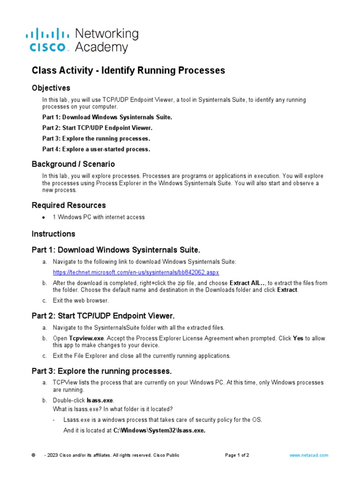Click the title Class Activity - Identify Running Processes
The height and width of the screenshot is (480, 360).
(x=128, y=70)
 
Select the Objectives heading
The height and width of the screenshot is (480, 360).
(x=51, y=88)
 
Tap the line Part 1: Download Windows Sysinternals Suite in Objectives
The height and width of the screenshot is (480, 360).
(x=107, y=117)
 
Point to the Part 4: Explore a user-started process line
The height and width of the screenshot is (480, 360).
(x=96, y=149)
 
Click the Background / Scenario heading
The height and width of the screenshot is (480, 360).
(x=73, y=164)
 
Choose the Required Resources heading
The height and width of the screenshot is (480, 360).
(x=68, y=205)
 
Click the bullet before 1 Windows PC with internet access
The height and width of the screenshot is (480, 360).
(x=44, y=217)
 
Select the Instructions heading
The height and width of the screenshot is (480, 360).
(x=53, y=233)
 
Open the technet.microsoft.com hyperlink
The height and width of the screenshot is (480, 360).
(x=135, y=272)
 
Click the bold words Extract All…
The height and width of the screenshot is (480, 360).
(x=247, y=283)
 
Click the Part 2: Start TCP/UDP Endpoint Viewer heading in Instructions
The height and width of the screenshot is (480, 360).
(x=103, y=316)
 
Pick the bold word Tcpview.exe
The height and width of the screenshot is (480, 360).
(x=85, y=338)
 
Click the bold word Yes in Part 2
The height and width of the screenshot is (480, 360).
(x=298, y=338)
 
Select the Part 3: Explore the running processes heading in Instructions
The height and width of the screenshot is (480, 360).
(x=101, y=371)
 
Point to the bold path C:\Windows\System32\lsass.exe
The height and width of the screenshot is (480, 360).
(x=159, y=430)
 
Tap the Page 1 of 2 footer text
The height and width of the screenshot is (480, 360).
(x=237, y=455)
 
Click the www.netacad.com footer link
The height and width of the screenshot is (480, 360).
(x=308, y=455)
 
